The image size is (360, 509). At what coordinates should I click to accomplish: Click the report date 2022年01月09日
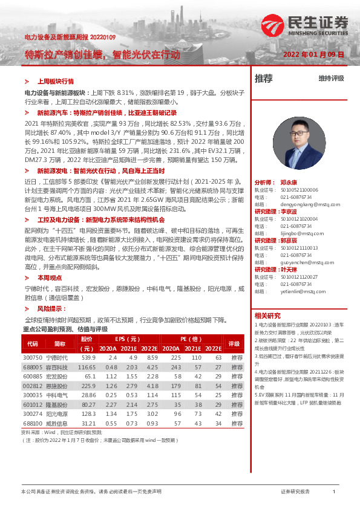313,54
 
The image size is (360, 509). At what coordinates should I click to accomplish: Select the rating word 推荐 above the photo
264,79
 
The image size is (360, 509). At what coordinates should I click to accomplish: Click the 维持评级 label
331,79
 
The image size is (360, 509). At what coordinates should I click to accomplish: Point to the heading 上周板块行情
56,80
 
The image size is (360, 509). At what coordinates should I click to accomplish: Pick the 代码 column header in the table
33,343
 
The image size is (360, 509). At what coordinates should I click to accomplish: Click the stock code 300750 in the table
33,358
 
